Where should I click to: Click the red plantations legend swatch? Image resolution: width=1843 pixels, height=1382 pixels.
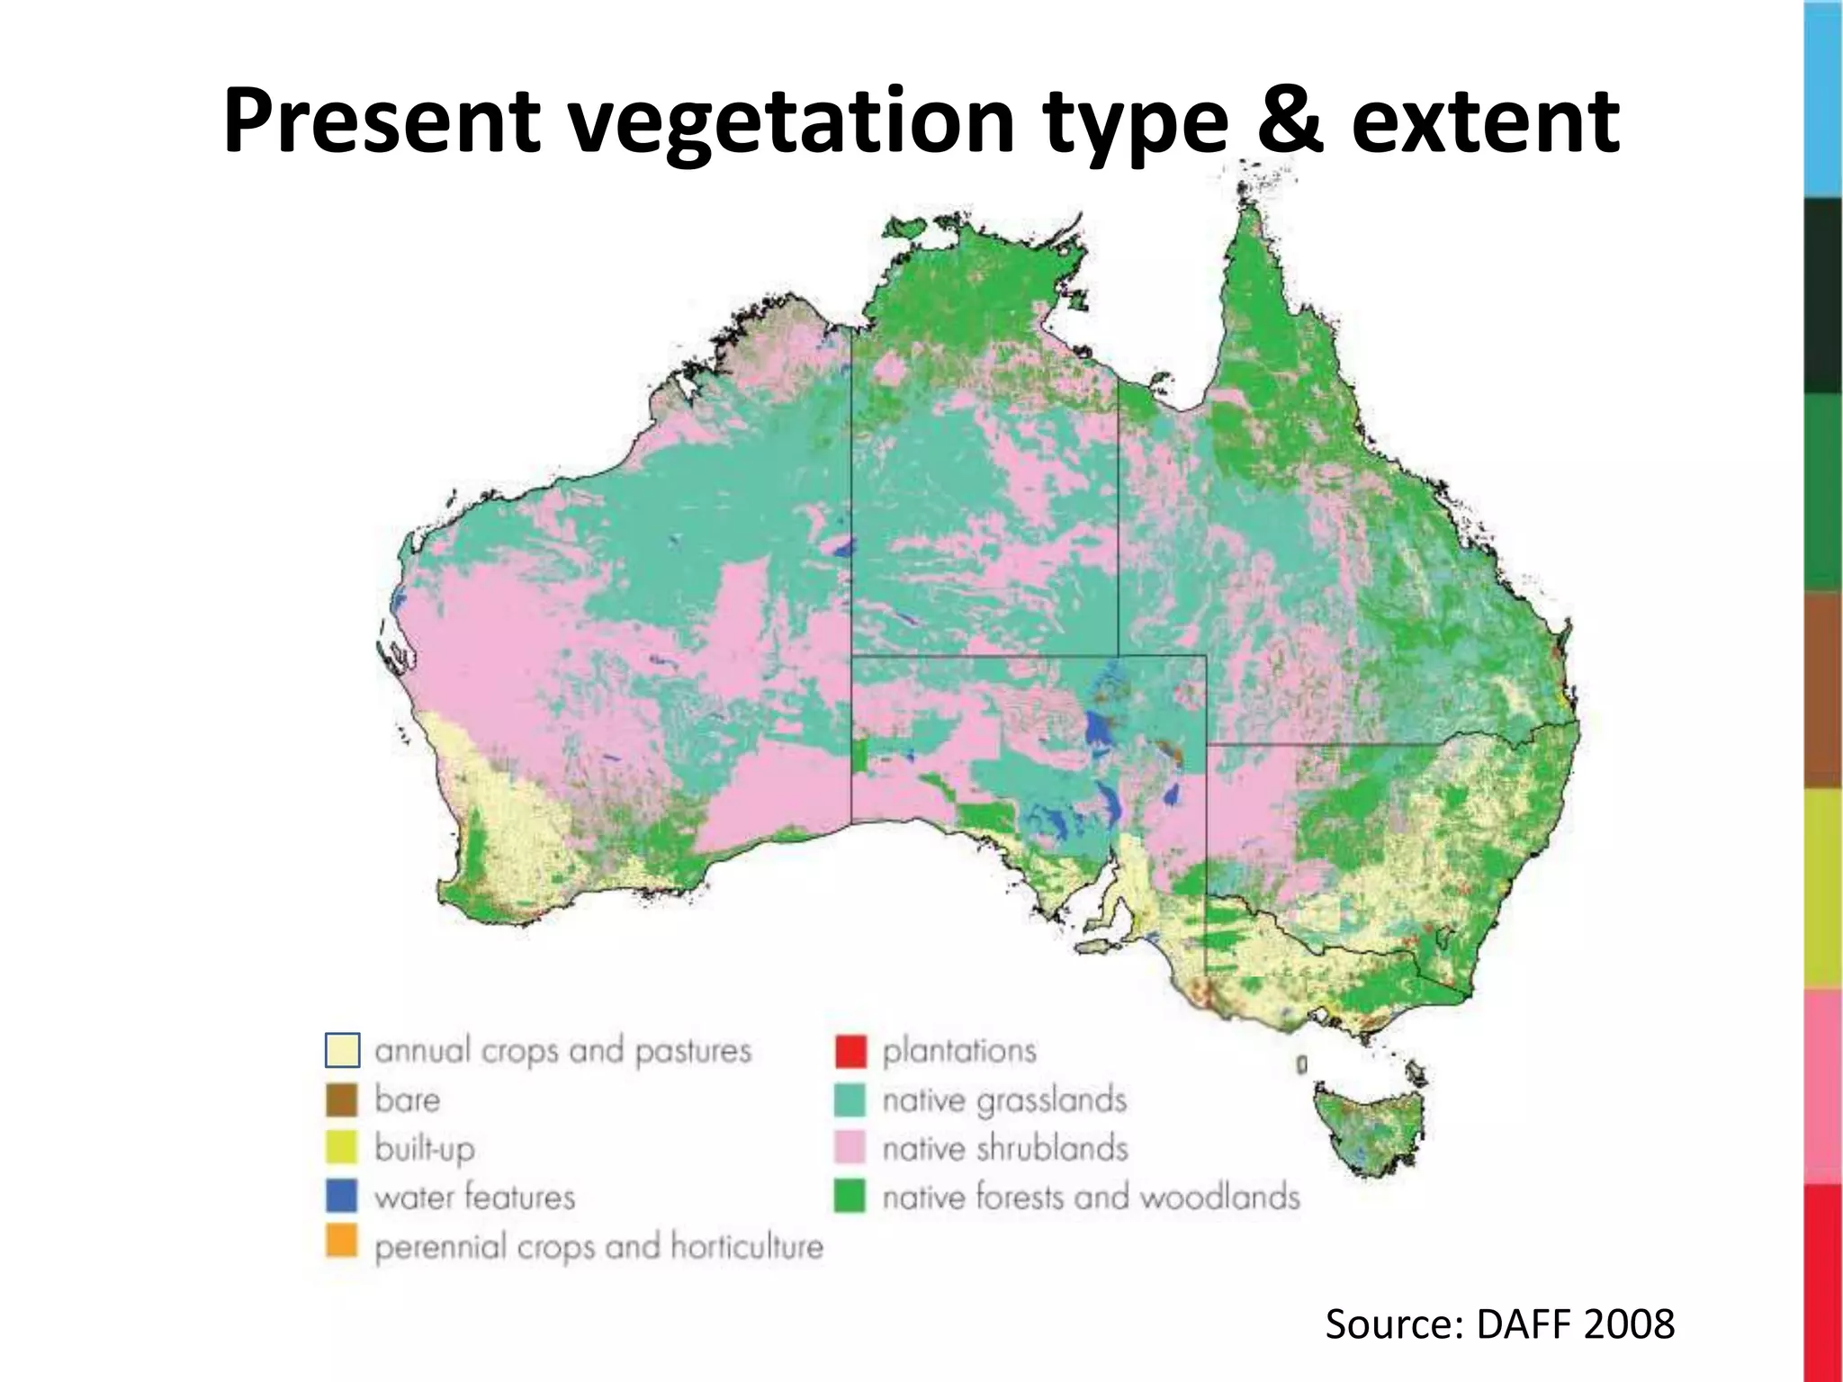pos(850,1051)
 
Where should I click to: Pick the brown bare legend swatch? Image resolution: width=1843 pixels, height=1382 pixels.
pos(342,1099)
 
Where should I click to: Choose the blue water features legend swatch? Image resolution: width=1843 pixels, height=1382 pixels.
pos(342,1197)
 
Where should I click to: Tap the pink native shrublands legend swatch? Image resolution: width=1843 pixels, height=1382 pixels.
pos(850,1148)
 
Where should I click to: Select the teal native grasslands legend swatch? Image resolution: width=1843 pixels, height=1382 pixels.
pos(850,1099)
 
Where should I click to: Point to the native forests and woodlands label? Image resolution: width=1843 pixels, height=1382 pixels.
pos(1091,1198)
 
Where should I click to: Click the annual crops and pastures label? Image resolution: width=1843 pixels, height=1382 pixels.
pos(562,1051)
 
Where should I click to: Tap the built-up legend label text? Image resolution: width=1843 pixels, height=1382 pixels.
pos(425,1149)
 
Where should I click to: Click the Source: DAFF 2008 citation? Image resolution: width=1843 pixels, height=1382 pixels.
pos(1499,1324)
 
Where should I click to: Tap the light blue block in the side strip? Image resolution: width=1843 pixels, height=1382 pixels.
pos(1822,99)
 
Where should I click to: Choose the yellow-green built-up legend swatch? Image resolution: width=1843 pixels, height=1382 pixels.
pos(342,1148)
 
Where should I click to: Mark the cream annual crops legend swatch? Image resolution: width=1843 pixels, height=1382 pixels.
pos(342,1050)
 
